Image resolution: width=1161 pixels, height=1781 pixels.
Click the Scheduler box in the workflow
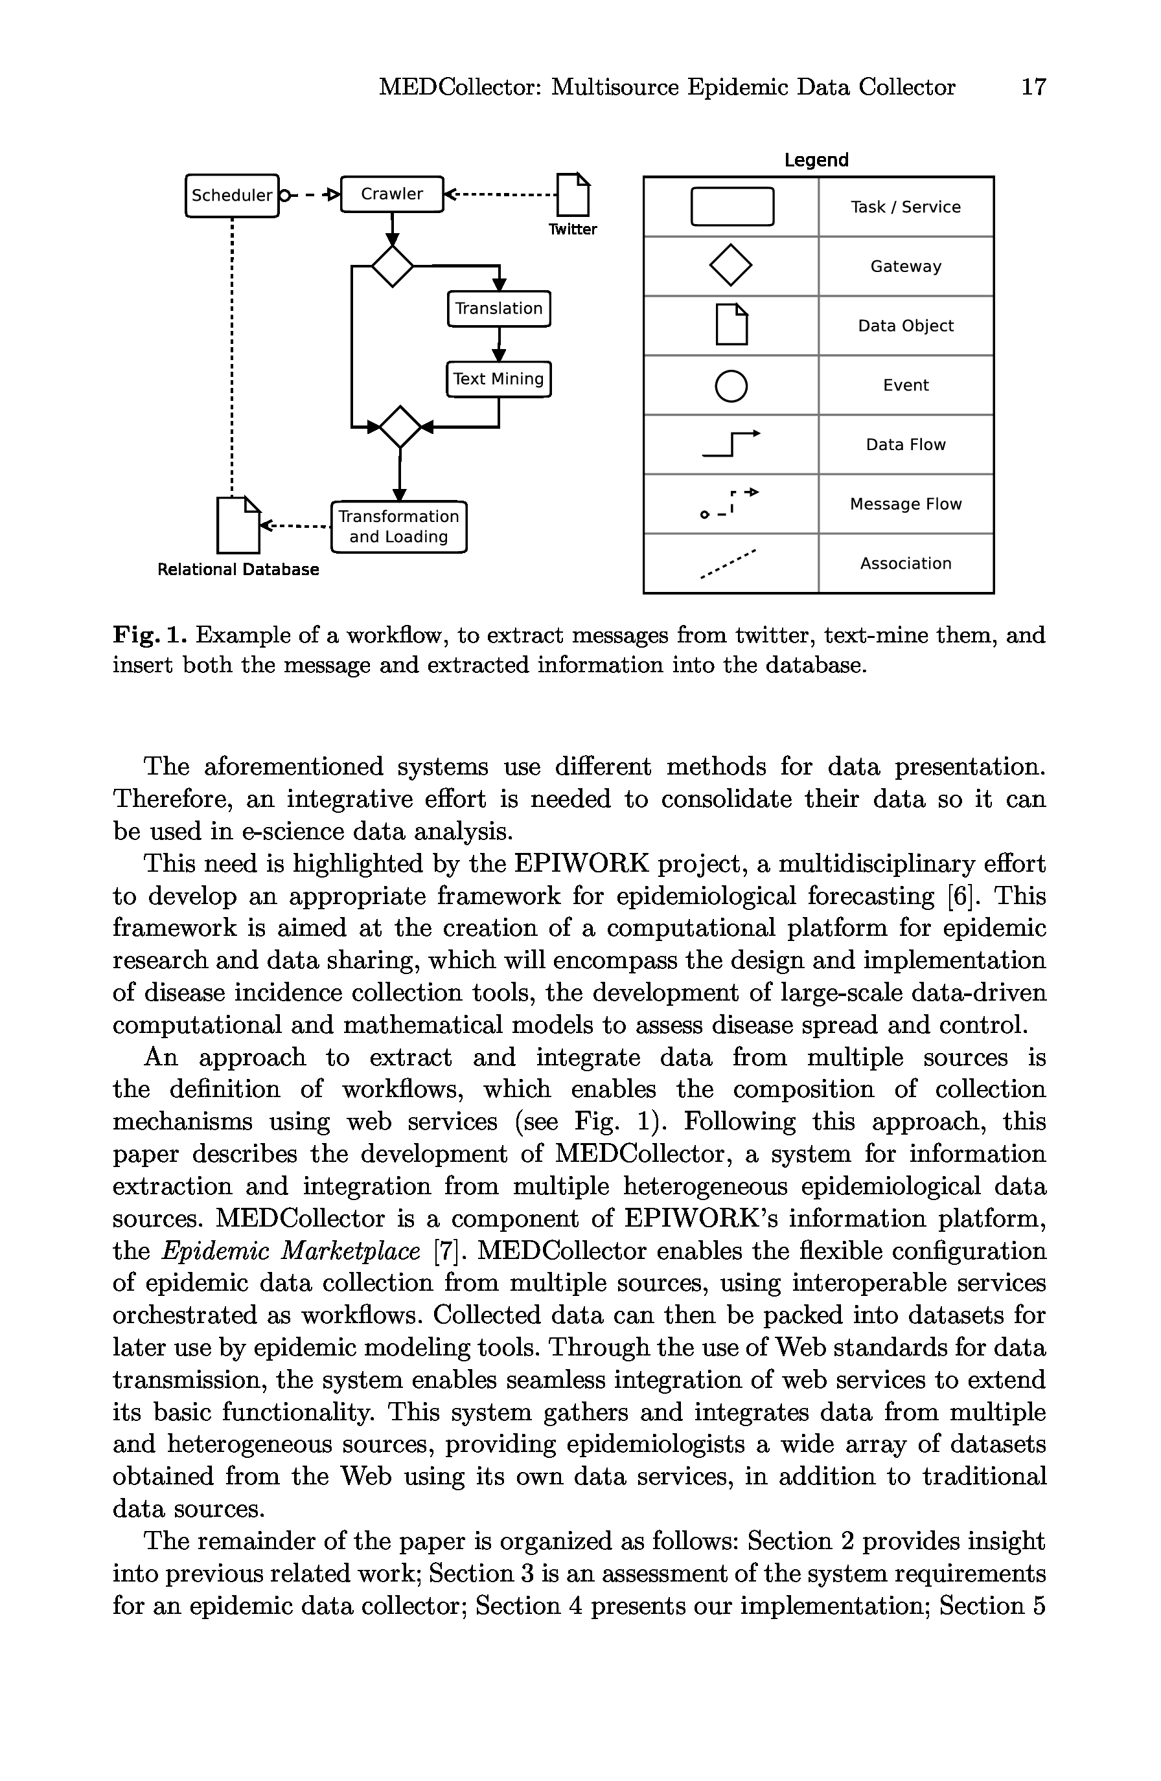pos(231,196)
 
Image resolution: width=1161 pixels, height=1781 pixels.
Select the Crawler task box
pos(391,194)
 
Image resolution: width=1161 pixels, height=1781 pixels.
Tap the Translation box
pos(498,308)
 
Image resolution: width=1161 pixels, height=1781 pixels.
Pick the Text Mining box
pos(498,379)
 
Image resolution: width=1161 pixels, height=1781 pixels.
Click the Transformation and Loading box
pos(398,527)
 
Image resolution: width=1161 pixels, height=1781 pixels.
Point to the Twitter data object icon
pos(574,194)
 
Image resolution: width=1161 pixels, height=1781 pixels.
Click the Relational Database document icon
pos(238,525)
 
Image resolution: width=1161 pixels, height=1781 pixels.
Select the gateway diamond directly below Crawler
pos(392,266)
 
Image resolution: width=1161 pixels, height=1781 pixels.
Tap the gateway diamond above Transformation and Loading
pos(400,427)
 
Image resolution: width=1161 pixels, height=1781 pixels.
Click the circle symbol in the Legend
pos(731,386)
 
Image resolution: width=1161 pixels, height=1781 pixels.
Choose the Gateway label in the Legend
pos(906,266)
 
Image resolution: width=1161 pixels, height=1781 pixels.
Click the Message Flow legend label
pos(906,505)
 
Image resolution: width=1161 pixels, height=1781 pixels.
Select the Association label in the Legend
pos(906,563)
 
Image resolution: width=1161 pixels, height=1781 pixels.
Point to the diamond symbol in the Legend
pos(731,266)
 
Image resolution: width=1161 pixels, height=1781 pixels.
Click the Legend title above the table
pos(816,160)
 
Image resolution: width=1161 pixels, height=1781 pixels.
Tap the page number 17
pos(1033,87)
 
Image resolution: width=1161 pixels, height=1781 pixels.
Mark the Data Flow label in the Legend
pos(906,444)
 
